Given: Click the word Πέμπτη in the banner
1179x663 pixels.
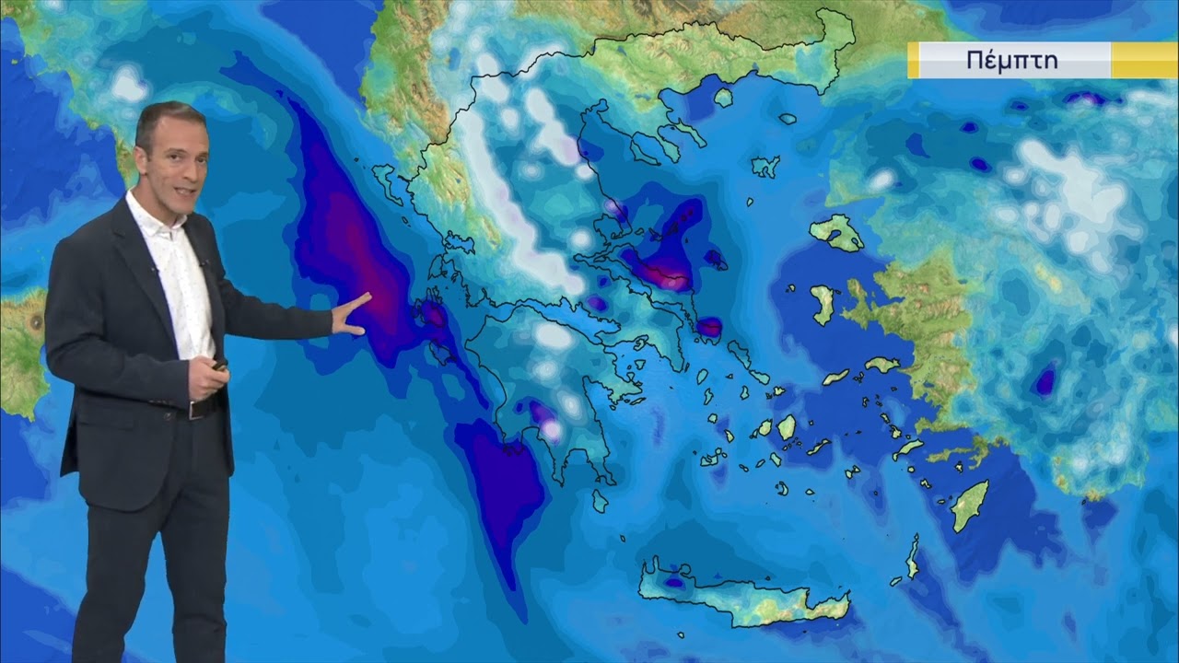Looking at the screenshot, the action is [1011, 61].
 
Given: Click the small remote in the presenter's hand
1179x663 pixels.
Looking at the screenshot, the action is [219, 366].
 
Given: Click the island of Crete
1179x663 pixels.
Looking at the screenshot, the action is [746, 595].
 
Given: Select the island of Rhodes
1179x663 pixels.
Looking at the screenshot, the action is [970, 505].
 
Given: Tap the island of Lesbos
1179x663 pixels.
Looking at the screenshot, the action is [836, 233].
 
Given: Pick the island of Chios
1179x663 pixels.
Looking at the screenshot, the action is [823, 304].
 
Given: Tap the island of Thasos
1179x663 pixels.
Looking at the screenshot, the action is [723, 97].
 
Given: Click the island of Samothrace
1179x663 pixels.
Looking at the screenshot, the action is [788, 119].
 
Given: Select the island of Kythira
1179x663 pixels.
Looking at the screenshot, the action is [600, 501].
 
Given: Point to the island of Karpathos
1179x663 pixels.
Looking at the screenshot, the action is [912, 557].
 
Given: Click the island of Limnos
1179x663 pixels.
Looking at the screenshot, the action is [765, 167].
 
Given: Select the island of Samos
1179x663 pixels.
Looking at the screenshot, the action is [881, 365].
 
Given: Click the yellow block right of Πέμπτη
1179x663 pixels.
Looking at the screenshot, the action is [1144, 61].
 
